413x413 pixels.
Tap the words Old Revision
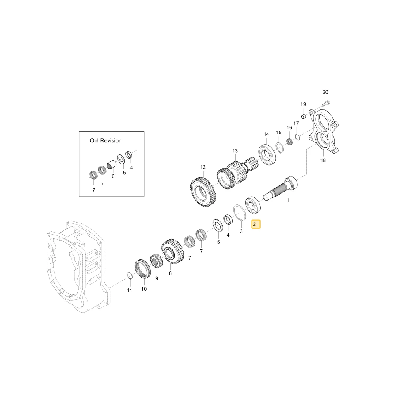click(106, 141)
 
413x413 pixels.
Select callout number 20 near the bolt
click(325, 92)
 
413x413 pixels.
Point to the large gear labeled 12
click(203, 192)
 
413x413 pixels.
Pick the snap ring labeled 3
click(240, 213)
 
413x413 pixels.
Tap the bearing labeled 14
click(267, 155)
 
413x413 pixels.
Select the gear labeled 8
click(173, 252)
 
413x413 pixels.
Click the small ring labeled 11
click(129, 276)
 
